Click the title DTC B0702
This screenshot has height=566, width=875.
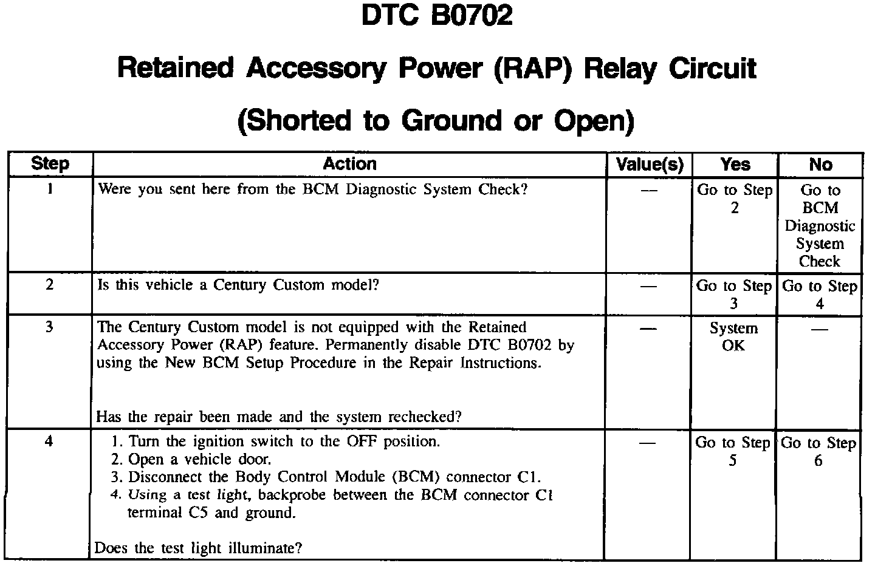[437, 16]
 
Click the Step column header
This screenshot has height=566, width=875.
[50, 164]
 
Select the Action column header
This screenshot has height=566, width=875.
[349, 164]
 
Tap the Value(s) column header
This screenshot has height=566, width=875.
[650, 165]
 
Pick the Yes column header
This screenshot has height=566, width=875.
[735, 165]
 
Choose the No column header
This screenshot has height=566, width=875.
[820, 165]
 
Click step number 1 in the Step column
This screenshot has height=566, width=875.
[50, 189]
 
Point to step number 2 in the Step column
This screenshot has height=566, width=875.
[50, 284]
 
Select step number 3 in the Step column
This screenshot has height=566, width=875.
[50, 327]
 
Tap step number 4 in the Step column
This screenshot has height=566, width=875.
[50, 442]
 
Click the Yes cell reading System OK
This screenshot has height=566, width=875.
[733, 337]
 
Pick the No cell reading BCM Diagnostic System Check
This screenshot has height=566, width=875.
[820, 226]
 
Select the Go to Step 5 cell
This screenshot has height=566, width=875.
[733, 451]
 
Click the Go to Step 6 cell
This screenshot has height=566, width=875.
[818, 451]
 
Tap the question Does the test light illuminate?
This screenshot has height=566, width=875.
[199, 548]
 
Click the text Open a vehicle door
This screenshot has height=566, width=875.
[200, 459]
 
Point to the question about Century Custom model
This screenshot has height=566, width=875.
[238, 285]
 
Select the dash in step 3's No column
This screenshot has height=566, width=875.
[820, 329]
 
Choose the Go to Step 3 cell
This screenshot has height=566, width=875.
[733, 294]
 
